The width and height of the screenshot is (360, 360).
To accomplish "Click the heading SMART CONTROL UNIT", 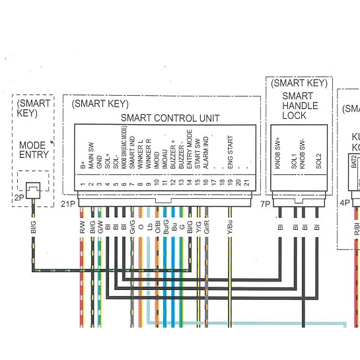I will click(170, 119).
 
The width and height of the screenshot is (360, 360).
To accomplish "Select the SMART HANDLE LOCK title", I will click(299, 105).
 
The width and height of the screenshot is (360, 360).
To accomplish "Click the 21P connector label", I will click(68, 204).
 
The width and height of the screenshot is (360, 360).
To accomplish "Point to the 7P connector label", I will click(264, 204).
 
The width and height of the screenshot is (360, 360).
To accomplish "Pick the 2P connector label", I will click(18, 196).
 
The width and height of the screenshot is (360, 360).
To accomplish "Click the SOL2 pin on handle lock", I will click(318, 159).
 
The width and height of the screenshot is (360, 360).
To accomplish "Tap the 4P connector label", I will click(345, 203).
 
